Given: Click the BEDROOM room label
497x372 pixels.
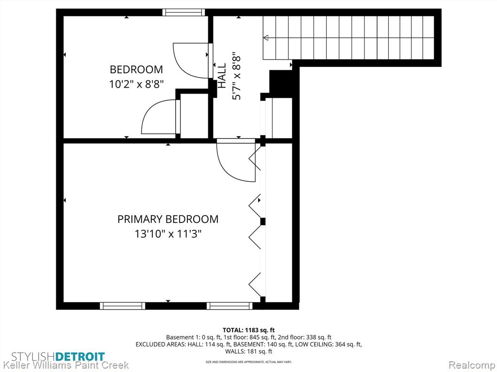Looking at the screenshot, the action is tap(136, 69).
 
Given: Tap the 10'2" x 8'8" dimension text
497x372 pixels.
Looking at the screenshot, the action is tap(136, 84).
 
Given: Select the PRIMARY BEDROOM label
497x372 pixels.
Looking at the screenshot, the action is tap(168, 219).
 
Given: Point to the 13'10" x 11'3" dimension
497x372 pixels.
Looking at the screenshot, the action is tap(168, 234).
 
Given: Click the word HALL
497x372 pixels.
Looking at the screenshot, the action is tap(221, 76).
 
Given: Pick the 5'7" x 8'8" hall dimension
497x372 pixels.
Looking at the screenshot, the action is tap(236, 76).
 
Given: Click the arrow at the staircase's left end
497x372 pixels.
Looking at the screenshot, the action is tap(265, 38).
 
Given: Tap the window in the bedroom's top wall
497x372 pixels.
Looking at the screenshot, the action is tap(183, 12).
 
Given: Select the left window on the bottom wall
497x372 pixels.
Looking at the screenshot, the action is tap(122, 306).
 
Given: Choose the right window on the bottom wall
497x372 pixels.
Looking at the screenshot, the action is tap(230, 306).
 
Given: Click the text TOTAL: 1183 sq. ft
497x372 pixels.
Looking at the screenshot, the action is tap(249, 330).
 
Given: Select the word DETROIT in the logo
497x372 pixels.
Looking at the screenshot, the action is tap(80, 357).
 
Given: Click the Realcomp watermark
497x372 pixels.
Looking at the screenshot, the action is tap(471, 365).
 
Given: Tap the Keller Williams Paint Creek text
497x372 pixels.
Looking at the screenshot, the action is tap(66, 365).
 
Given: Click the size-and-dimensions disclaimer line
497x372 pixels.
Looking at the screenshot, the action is tap(249, 361).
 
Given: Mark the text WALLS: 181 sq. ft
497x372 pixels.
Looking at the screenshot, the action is tap(249, 352).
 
